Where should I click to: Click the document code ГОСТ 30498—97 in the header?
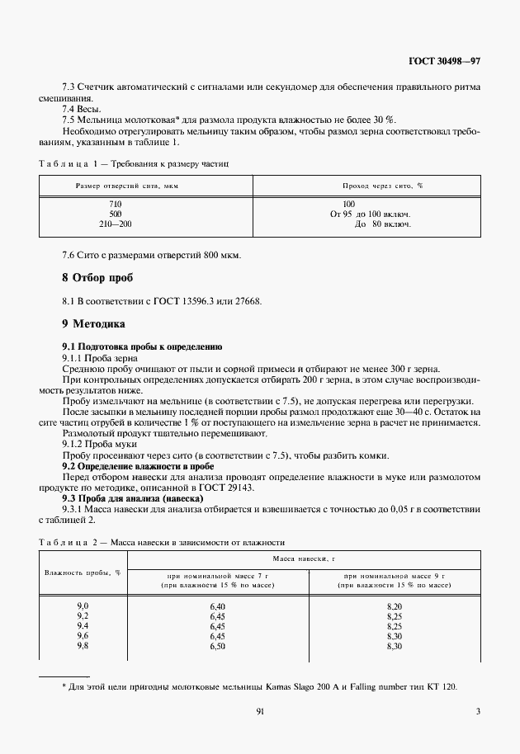(444, 61)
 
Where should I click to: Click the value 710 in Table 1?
(116, 203)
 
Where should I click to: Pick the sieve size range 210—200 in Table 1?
(116, 224)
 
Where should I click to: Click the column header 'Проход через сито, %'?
(383, 186)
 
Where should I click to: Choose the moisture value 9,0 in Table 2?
(83, 606)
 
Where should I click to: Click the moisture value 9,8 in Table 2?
(83, 646)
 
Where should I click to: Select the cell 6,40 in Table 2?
(217, 606)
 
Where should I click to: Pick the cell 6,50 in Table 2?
(217, 646)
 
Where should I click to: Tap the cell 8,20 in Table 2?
(394, 606)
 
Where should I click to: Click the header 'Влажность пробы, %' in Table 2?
(83, 573)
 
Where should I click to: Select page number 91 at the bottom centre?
(259, 711)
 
